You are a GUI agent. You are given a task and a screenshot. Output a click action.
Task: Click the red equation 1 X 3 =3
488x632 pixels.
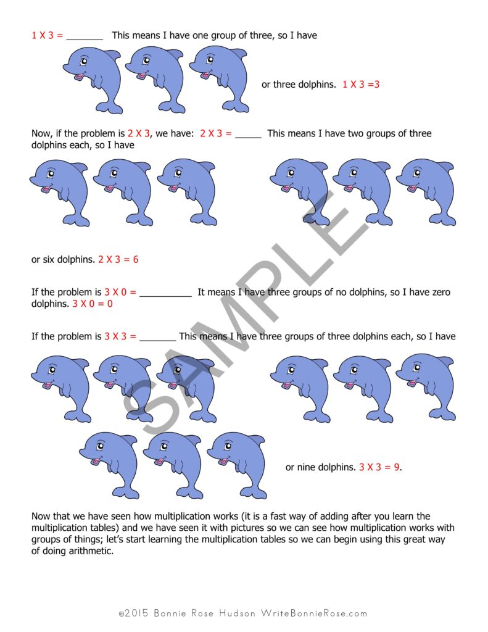pos(361,85)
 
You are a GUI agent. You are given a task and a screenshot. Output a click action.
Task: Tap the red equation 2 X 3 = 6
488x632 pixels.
pos(118,260)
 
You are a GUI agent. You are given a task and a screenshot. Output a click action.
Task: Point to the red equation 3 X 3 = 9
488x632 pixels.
pos(379,467)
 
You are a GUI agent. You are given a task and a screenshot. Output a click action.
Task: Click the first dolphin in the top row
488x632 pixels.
pos(93,79)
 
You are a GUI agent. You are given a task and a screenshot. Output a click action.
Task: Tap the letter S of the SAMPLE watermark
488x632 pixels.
pos(148,401)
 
